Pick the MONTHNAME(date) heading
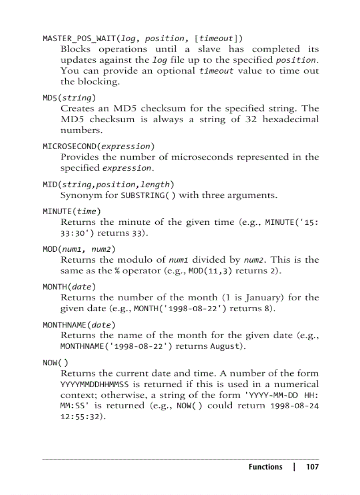(79, 324)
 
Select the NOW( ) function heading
(55, 362)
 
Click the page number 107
(312, 467)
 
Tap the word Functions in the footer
(265, 467)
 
